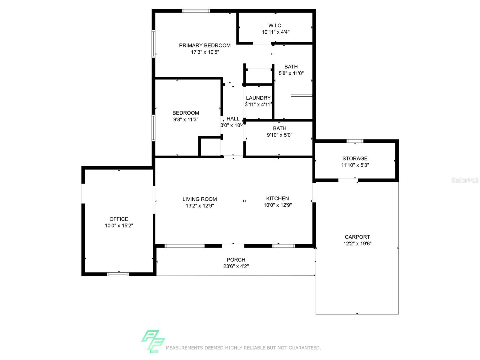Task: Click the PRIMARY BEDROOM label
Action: coord(205,46)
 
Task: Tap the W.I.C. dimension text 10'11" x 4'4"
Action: coord(275,32)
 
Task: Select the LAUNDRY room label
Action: coord(258,98)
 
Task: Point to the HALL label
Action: coord(233,119)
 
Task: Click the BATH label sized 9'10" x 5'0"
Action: coord(280,128)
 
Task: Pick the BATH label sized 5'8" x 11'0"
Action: coord(291,67)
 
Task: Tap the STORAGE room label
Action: coord(355,158)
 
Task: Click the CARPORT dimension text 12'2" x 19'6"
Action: coord(357,244)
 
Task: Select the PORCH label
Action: coord(236,260)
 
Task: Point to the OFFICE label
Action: coord(119,219)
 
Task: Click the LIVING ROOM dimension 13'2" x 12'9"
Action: coord(200,206)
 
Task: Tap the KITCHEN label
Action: coord(277,199)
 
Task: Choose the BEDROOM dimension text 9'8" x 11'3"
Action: coord(186,120)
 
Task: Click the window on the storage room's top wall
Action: coord(355,141)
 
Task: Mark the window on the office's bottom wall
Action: coord(118,274)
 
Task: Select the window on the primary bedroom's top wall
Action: coord(196,11)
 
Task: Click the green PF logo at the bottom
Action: coord(153,341)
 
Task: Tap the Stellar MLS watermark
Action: coord(465,180)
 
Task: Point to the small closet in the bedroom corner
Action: coord(210,146)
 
